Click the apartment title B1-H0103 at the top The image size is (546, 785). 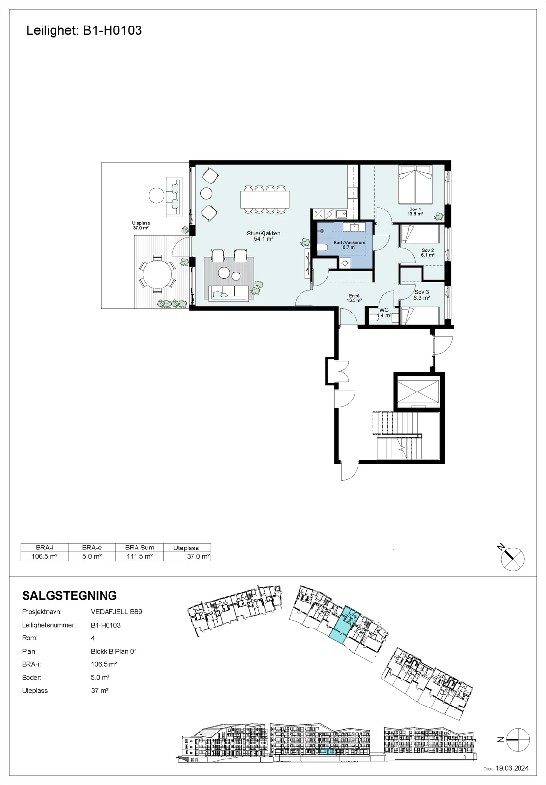[x=112, y=30]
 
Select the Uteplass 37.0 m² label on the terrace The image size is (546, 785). [x=140, y=225]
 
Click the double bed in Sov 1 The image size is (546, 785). [x=415, y=184]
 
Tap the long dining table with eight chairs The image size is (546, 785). [x=265, y=199]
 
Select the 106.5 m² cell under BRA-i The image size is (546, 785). [x=45, y=556]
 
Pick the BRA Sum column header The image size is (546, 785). [x=139, y=548]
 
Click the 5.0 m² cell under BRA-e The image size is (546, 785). [x=92, y=556]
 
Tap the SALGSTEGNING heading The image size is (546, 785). [x=69, y=596]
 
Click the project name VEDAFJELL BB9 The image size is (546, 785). [x=116, y=612]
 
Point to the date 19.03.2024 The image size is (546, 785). [x=512, y=768]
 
